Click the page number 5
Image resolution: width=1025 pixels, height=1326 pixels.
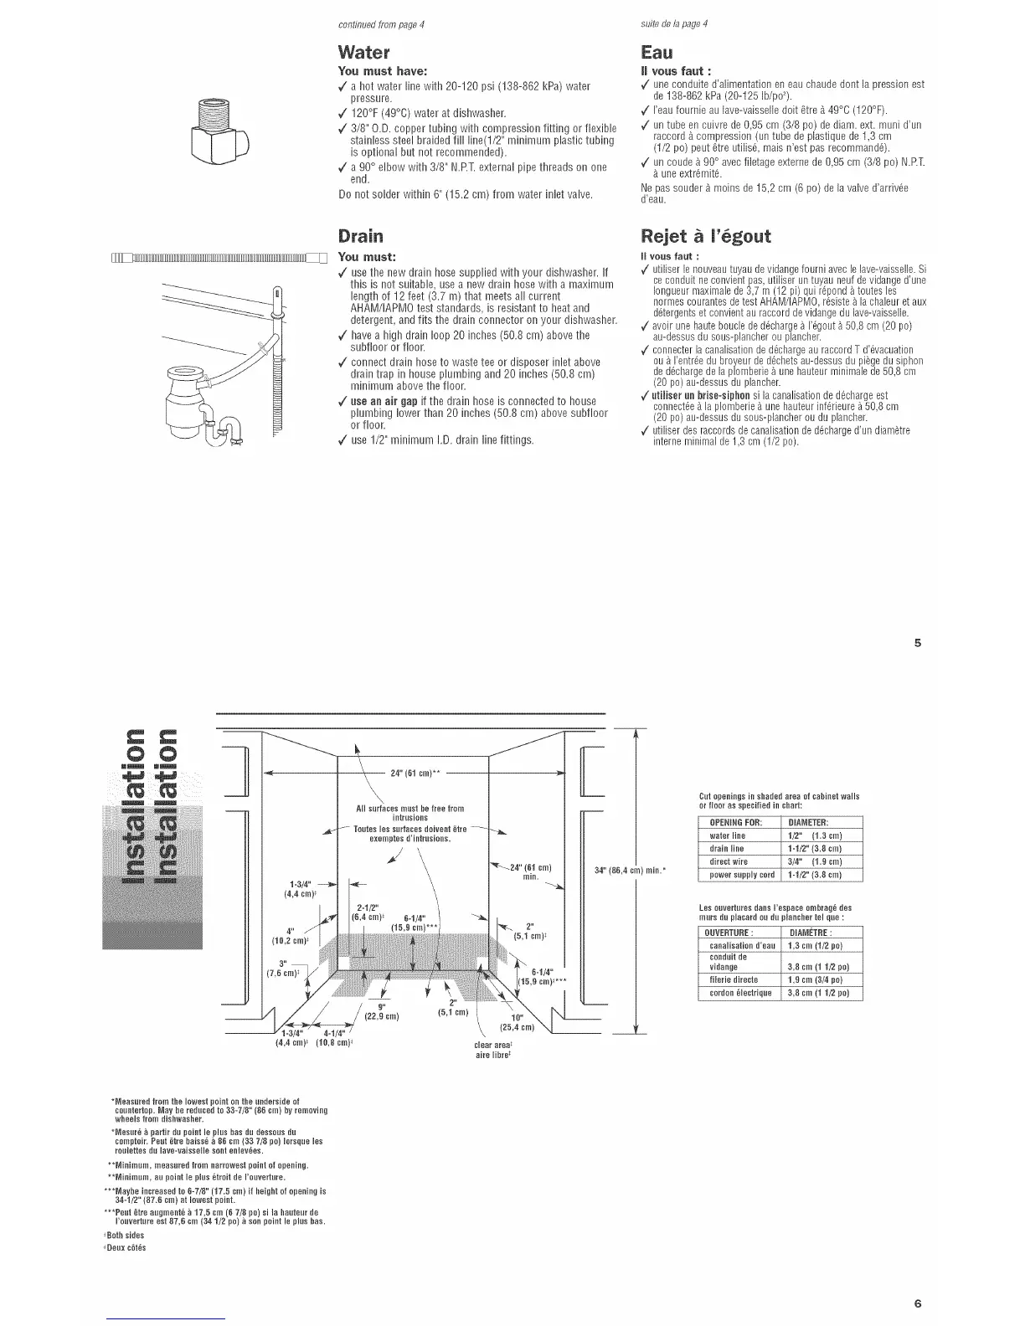tap(917, 644)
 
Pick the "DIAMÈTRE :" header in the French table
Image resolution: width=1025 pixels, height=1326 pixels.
tap(821, 933)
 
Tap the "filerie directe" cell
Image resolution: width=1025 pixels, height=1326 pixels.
tap(734, 979)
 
